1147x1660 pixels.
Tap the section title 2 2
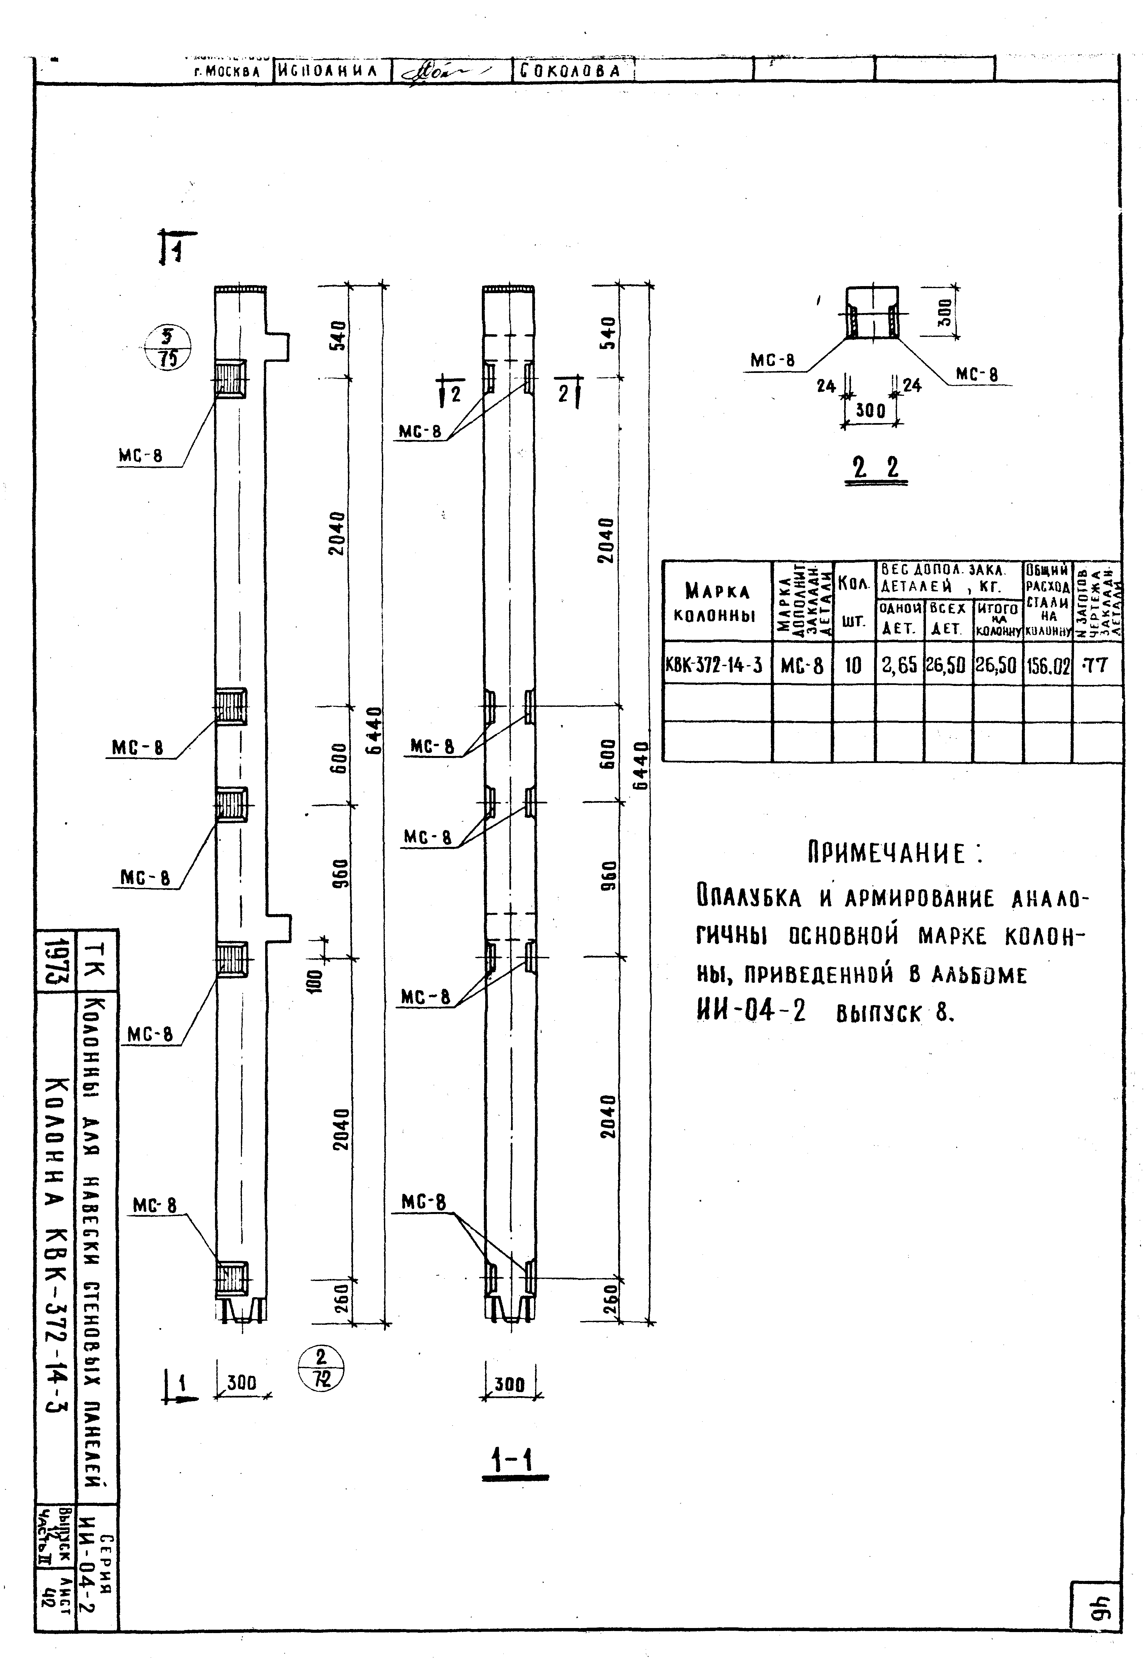point(875,469)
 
